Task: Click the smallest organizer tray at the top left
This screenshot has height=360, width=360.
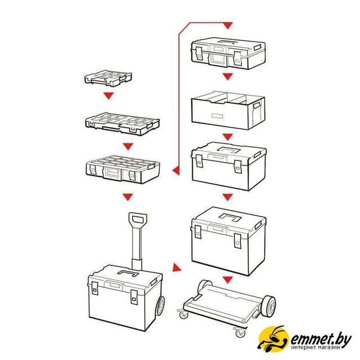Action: click(108, 79)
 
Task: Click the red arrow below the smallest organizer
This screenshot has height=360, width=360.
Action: click(109, 96)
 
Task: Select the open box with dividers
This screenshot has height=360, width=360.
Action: click(228, 111)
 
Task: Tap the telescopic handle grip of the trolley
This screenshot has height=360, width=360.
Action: click(138, 220)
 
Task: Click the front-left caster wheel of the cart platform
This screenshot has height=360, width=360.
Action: click(183, 314)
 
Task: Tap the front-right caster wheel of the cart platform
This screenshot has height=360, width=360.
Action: click(240, 332)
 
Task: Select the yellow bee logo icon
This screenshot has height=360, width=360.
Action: click(273, 337)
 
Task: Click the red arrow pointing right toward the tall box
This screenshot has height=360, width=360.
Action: click(176, 268)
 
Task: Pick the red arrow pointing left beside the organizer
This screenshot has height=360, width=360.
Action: click(175, 170)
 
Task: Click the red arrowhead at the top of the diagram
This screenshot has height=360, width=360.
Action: click(227, 25)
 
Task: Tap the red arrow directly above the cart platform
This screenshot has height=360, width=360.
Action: click(227, 280)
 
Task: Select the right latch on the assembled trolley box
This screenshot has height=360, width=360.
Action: click(134, 297)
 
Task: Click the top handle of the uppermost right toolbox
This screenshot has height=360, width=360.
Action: click(227, 42)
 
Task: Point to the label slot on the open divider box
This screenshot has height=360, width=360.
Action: click(217, 116)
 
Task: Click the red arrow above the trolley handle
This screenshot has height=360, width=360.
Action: click(128, 197)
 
